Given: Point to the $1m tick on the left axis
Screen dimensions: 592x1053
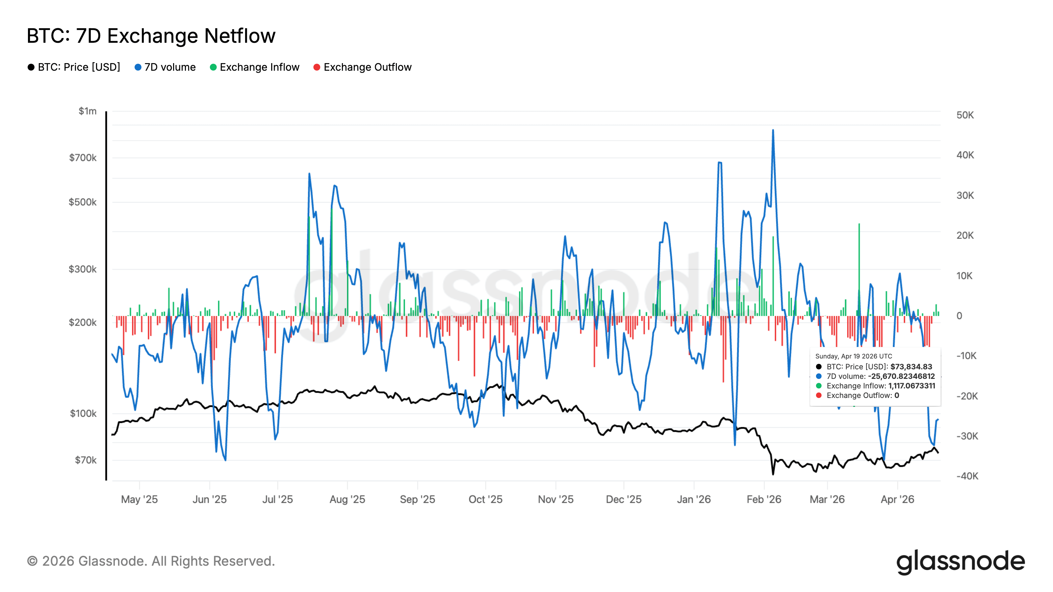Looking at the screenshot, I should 88,111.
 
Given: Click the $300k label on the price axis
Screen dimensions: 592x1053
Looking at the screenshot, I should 83,269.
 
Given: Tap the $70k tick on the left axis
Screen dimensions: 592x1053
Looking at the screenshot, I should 86,460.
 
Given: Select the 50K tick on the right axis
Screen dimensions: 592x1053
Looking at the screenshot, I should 965,115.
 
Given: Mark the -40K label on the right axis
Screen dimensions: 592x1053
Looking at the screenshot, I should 967,476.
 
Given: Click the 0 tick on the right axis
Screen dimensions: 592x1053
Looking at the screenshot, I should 959,316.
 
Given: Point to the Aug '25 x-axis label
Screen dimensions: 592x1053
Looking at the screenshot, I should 347,499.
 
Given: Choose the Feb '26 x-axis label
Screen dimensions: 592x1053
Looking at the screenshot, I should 763,499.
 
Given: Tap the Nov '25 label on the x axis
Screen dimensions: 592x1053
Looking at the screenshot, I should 555,499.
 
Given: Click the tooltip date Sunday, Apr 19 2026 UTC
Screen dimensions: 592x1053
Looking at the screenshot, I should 854,356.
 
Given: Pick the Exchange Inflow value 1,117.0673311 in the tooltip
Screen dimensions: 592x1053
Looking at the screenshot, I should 912,386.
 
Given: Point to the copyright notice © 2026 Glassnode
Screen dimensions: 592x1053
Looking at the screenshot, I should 151,561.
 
